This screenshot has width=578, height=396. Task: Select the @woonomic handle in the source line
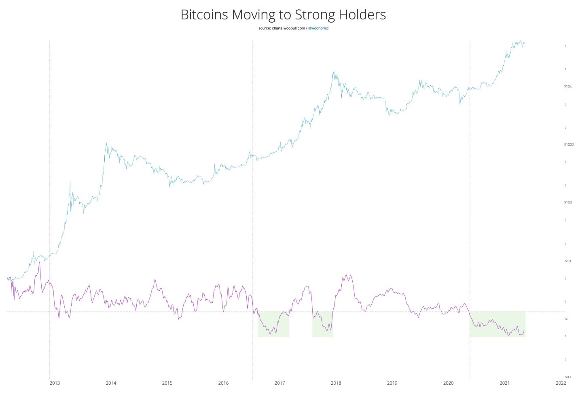[x=318, y=28]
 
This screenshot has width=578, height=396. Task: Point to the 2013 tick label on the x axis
[x=54, y=383]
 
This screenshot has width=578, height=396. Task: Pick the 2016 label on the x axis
[x=223, y=383]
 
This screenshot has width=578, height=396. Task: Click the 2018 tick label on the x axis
[x=336, y=383]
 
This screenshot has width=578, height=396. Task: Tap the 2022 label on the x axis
[x=561, y=383]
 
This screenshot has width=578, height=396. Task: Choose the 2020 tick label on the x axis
[x=448, y=383]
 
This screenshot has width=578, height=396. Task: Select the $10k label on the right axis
[x=568, y=87]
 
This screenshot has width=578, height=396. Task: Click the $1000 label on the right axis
[x=569, y=144]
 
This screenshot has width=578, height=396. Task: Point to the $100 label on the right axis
[x=568, y=202]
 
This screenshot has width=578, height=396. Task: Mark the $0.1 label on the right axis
[x=568, y=377]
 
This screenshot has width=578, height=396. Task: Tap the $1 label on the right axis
[x=567, y=319]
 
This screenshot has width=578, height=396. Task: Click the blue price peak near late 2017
[x=334, y=71]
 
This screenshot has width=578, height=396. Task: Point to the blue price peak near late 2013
[x=106, y=142]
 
